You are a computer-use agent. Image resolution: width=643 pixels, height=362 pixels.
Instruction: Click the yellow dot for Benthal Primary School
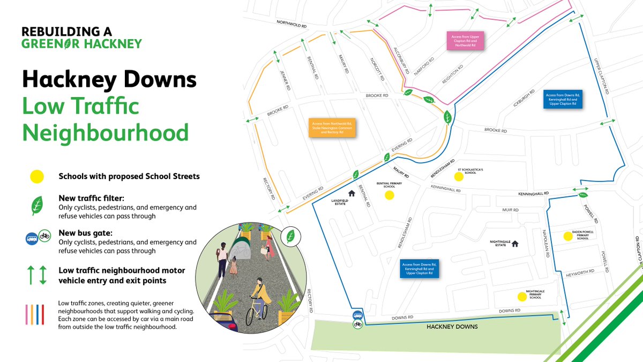[x=390, y=195]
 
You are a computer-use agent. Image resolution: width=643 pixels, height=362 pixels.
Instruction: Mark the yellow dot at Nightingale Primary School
[x=521, y=296]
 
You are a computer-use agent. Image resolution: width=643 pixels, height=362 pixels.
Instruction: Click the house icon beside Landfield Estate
[x=352, y=193]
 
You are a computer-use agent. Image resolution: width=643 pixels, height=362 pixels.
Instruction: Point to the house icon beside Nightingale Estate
[x=515, y=243]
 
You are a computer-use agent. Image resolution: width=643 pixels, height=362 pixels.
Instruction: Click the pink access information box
[x=465, y=41]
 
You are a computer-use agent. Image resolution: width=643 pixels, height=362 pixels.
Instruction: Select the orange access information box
[x=333, y=128]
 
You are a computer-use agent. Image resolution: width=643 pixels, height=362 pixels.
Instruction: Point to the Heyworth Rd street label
[x=580, y=272]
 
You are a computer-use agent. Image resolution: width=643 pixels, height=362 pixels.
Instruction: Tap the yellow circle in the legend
[x=36, y=176]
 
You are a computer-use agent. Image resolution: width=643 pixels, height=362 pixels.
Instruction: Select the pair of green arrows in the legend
[x=36, y=275]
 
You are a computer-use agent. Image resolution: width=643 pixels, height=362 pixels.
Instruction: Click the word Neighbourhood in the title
[x=105, y=132]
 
